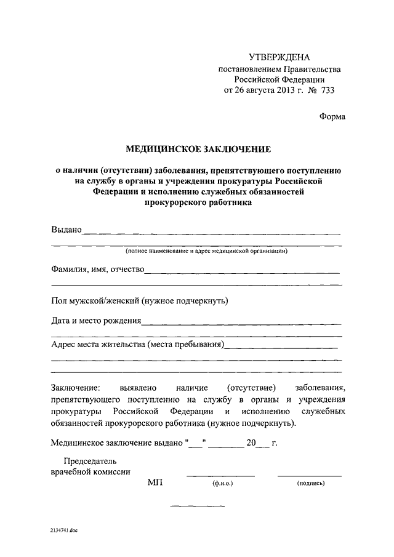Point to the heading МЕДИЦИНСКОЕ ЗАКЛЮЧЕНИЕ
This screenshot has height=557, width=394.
click(x=198, y=149)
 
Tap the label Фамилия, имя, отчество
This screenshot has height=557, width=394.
click(x=97, y=268)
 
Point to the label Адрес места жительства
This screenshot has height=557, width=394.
click(x=98, y=344)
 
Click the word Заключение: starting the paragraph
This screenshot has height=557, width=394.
click(x=75, y=388)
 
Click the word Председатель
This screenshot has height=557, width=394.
click(x=90, y=460)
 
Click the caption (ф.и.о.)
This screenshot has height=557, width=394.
click(x=220, y=484)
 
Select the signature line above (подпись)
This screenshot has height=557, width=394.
click(x=310, y=476)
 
